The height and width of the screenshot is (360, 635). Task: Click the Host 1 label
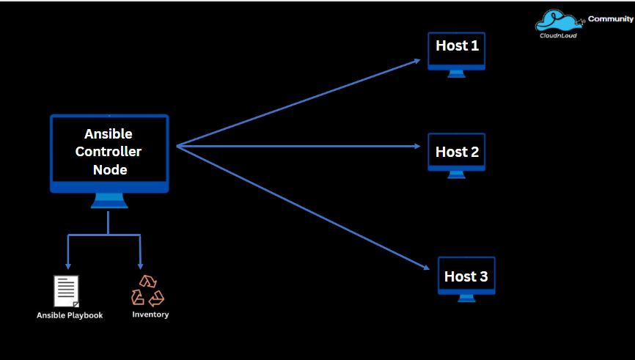[x=457, y=46]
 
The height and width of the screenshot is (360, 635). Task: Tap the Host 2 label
[x=457, y=153]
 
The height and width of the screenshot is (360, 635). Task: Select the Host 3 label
[x=466, y=277]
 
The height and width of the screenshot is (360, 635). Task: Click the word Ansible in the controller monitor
[x=109, y=134]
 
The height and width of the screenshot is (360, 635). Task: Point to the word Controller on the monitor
[x=109, y=152]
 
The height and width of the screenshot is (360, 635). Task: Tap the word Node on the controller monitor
[x=109, y=170]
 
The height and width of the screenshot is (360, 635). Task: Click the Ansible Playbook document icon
[x=67, y=291]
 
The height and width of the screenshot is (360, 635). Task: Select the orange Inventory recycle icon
[x=147, y=290]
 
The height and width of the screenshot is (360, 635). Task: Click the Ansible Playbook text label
[x=70, y=315]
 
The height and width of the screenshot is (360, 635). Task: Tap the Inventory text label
[x=150, y=315]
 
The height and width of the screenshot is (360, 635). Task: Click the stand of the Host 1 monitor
[x=456, y=73]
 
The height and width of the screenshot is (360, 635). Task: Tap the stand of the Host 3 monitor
[x=466, y=298]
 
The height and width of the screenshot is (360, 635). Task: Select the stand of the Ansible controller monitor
[x=109, y=202]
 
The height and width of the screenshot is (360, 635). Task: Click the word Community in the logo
[x=610, y=19]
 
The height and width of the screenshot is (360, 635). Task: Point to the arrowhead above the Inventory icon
[x=140, y=266]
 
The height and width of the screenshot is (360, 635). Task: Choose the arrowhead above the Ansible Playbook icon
[x=68, y=266]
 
